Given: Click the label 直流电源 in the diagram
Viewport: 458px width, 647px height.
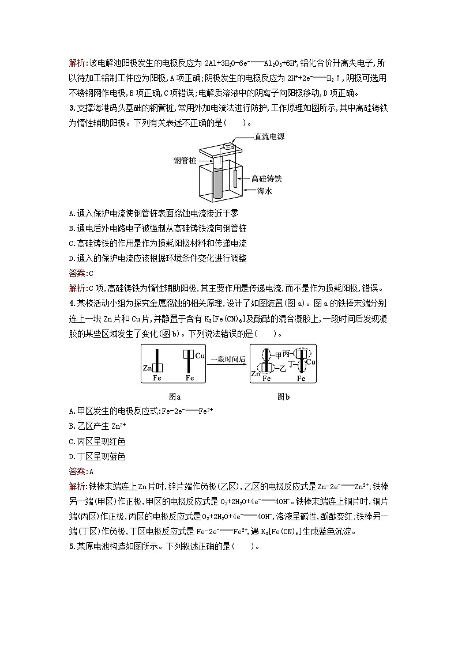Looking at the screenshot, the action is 269,137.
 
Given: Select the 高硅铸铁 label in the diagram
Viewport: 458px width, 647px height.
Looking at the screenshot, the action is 266,179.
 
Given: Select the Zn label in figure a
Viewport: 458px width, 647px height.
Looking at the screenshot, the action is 147,368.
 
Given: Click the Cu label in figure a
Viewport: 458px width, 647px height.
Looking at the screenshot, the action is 200,356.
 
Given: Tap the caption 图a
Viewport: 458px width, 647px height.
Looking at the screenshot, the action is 175,396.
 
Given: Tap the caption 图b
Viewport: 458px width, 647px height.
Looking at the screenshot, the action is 284,396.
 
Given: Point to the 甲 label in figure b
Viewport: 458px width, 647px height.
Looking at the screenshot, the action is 279,354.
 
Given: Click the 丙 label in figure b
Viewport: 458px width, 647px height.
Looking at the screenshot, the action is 287,354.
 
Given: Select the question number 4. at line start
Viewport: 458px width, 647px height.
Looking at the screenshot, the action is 72,304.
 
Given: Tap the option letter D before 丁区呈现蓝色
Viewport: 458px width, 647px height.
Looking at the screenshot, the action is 72,456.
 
